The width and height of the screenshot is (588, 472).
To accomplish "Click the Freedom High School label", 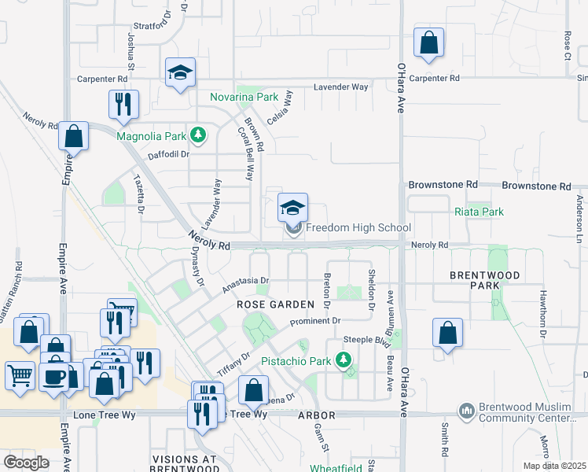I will coord(358,228).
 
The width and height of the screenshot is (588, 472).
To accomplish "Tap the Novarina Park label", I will coord(244,97).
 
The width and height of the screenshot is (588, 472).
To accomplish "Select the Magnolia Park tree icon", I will coord(199,135).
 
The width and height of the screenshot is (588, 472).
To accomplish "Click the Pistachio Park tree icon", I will coord(343,360).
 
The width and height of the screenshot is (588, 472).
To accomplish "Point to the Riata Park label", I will coord(479,212).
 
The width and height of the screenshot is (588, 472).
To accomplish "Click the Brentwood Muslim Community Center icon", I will coord(467,411).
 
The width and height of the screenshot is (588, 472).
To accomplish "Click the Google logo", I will coord(26,462).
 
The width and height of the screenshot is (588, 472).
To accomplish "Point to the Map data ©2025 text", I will coord(553,466).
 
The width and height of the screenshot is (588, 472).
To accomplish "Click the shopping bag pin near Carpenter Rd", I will coord(428,44).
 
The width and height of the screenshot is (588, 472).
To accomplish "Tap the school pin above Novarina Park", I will coord(180,72).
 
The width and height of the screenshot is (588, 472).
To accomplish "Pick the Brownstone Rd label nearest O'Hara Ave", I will coord(443,184).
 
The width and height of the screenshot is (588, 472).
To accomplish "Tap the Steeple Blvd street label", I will coord(369,340).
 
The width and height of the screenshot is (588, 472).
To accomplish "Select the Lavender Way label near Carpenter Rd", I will coord(341,87).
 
